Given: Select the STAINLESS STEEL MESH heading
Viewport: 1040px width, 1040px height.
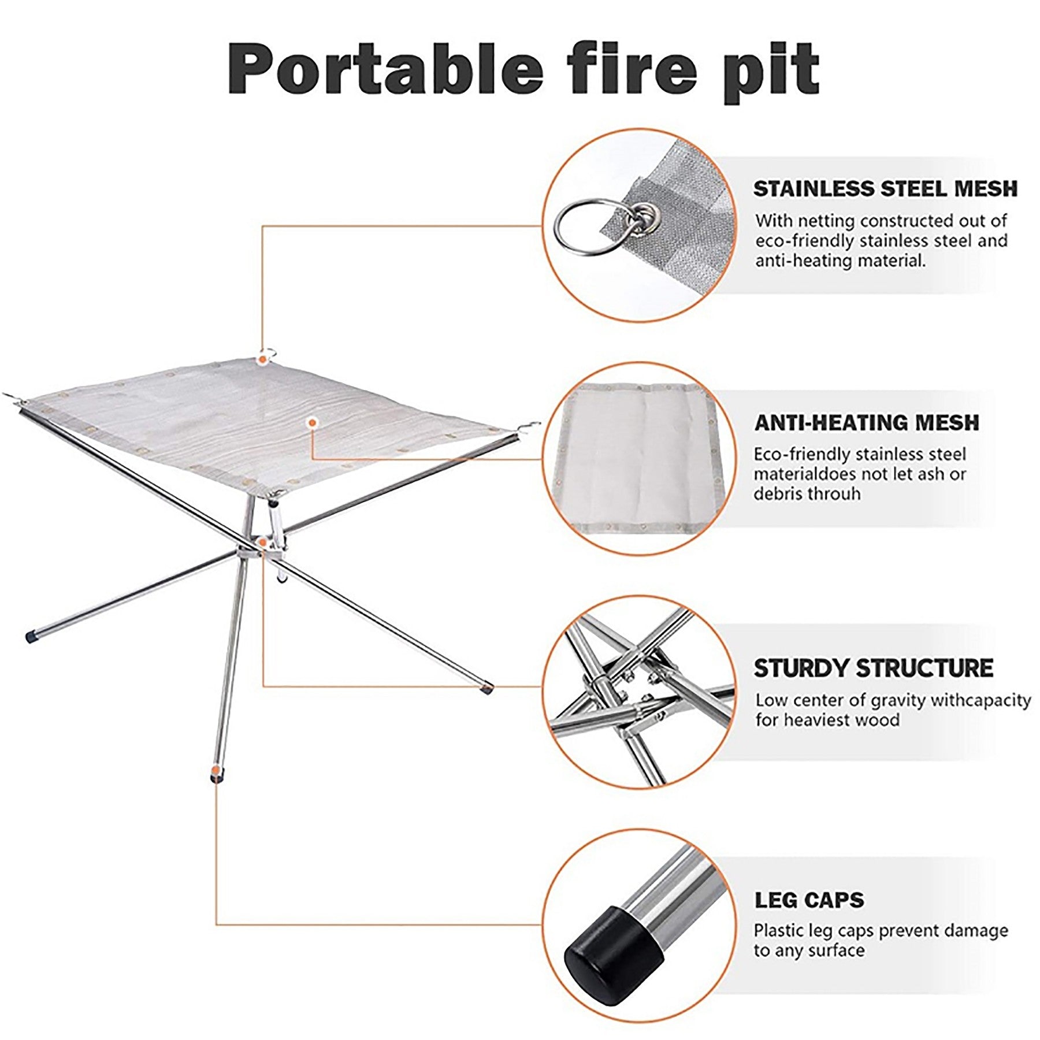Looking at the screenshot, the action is coord(885,189).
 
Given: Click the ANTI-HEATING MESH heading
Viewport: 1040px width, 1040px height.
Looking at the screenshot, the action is coord(867,422).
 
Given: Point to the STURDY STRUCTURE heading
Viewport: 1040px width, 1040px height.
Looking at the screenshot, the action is coord(873,668).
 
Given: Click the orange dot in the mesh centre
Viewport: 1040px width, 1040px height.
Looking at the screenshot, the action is coord(313,423).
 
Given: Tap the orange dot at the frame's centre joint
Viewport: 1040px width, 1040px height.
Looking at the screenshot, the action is coord(263,542).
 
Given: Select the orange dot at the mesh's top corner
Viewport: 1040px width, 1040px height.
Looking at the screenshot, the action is coord(263,359).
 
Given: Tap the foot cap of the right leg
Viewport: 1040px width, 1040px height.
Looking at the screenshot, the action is coord(488,688).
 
